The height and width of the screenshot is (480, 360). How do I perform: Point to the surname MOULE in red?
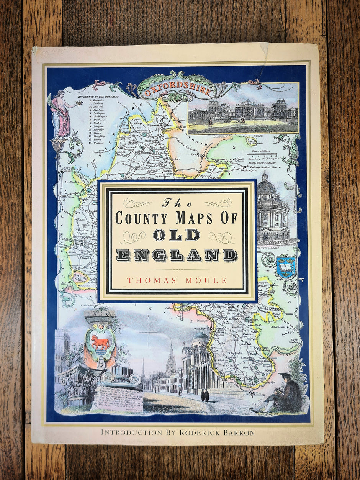[208, 280]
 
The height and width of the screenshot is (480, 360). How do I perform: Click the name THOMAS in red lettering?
[149, 280]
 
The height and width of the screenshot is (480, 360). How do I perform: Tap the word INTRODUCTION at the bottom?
[131, 432]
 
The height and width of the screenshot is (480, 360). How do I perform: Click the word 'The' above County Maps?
[176, 203]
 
